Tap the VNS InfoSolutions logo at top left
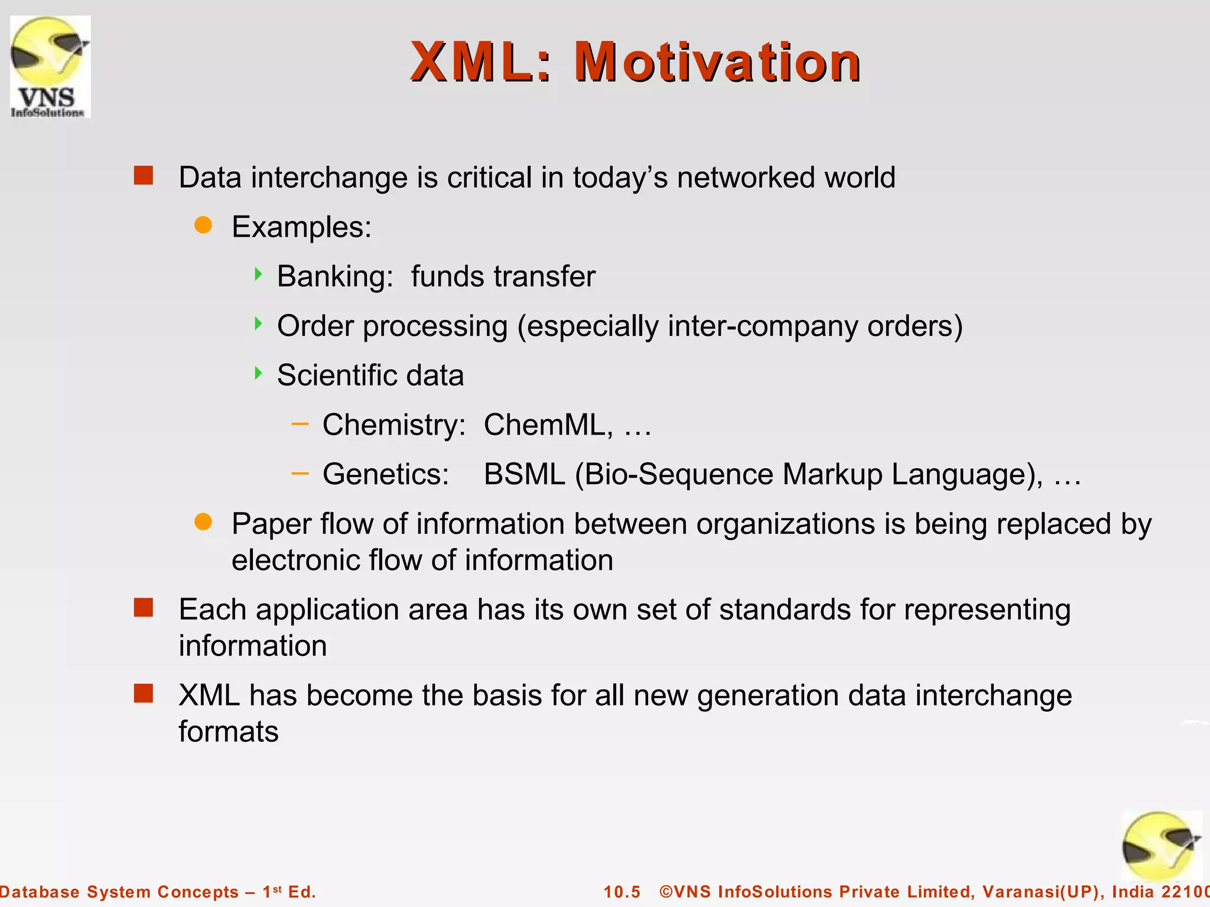click(50, 67)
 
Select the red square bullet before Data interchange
click(144, 175)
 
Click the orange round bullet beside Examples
click(203, 225)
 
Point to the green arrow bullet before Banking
click(258, 274)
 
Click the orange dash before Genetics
click(300, 473)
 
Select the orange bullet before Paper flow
click(203, 522)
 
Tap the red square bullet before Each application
click(144, 607)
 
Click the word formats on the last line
click(228, 732)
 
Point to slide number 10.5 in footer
click(622, 892)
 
